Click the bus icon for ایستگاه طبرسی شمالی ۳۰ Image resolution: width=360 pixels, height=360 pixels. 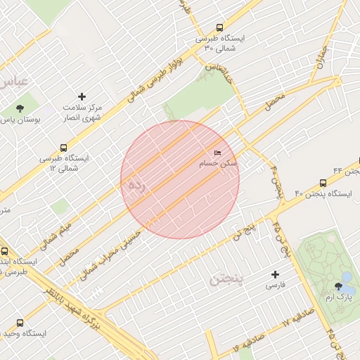pos(219,27)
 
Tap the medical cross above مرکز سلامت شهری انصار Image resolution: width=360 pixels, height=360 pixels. pos(82,96)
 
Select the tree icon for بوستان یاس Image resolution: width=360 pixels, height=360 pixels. pos(20,108)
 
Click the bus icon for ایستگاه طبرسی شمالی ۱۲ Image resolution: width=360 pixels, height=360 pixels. pos(64,148)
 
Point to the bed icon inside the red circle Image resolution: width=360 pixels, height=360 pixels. pos(217,153)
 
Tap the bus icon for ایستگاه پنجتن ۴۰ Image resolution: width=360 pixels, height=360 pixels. pos(323,181)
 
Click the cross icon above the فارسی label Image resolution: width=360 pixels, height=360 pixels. pos(275,274)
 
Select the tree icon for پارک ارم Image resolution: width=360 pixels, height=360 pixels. pos(340,286)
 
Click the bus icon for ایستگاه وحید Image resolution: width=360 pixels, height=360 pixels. pos(19,323)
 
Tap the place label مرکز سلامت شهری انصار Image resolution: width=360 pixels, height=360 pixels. pos(88,112)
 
